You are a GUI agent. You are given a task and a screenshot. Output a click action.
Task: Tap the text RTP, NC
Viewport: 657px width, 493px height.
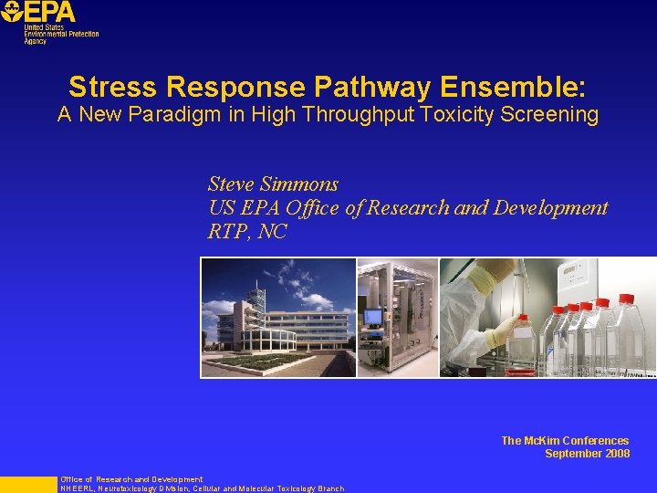pyautogui.click(x=247, y=232)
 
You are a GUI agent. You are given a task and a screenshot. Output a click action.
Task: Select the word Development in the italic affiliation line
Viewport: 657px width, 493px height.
pyautogui.click(x=550, y=207)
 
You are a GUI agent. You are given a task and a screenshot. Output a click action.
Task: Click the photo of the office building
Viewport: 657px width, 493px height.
pyautogui.click(x=278, y=318)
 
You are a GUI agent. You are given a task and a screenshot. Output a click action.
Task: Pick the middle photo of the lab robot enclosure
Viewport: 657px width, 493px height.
pyautogui.click(x=398, y=318)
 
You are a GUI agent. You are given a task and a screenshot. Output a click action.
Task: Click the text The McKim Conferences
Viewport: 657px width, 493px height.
pyautogui.click(x=565, y=441)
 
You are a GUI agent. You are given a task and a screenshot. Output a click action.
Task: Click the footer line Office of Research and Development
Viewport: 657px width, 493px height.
pyautogui.click(x=131, y=479)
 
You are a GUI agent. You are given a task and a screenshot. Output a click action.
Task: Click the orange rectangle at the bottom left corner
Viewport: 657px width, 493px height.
pyautogui.click(x=27, y=485)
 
